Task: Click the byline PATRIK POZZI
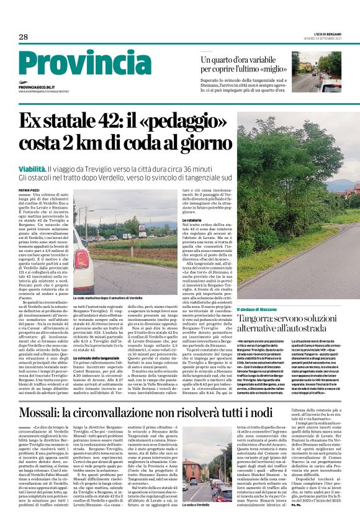point(29,189)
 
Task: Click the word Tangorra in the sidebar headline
point(258,319)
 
